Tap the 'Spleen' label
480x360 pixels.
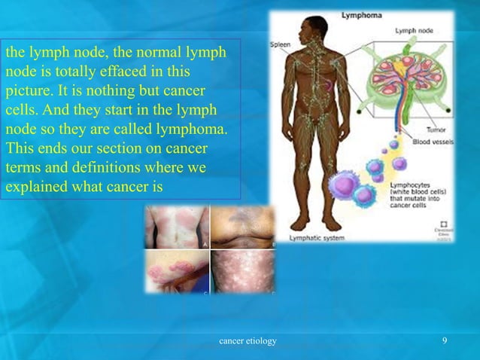pyautogui.click(x=281, y=44)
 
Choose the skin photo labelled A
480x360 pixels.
pyautogui.click(x=178, y=228)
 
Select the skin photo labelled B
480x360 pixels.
pyautogui.click(x=243, y=228)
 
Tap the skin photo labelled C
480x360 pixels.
pyautogui.click(x=178, y=272)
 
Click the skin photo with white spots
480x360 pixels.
pyautogui.click(x=243, y=272)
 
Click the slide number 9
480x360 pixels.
pyautogui.click(x=445, y=341)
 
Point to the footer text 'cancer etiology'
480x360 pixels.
pyautogui.click(x=247, y=341)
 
